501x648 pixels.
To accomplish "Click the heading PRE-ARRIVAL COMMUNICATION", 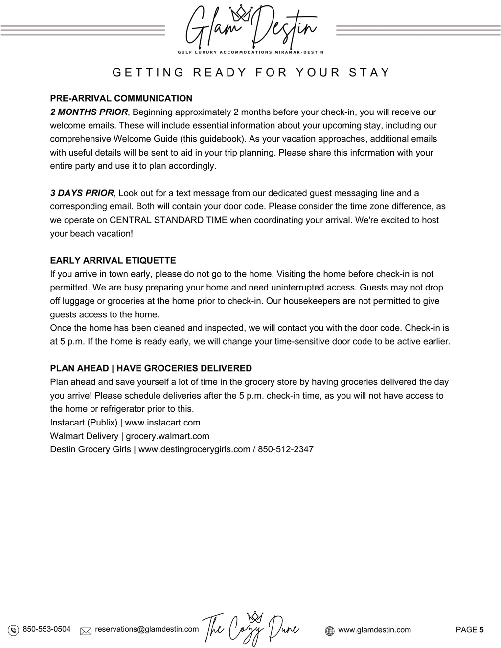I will click(x=121, y=98).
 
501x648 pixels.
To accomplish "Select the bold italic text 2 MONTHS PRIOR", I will click(x=89, y=112).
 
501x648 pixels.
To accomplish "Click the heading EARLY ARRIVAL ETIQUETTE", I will click(x=113, y=260).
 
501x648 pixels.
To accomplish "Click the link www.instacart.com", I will click(x=162, y=423).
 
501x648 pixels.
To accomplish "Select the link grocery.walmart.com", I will click(x=167, y=436).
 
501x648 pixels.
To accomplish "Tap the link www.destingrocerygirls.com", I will click(x=194, y=449).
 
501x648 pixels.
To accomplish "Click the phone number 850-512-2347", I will click(x=286, y=449).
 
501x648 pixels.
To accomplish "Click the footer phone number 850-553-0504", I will click(x=46, y=629).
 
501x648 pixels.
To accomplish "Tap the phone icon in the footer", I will click(x=14, y=630).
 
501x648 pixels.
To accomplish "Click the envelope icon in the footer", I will click(x=86, y=631).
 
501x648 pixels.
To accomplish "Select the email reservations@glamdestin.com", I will click(x=147, y=629).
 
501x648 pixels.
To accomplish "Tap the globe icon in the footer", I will click(x=330, y=631).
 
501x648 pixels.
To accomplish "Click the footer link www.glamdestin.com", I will click(x=374, y=630).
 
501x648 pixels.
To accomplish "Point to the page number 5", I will click(x=481, y=630).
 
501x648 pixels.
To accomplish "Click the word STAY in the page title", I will click(x=369, y=73).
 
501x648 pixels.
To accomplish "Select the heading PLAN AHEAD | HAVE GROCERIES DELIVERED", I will click(x=151, y=368).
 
